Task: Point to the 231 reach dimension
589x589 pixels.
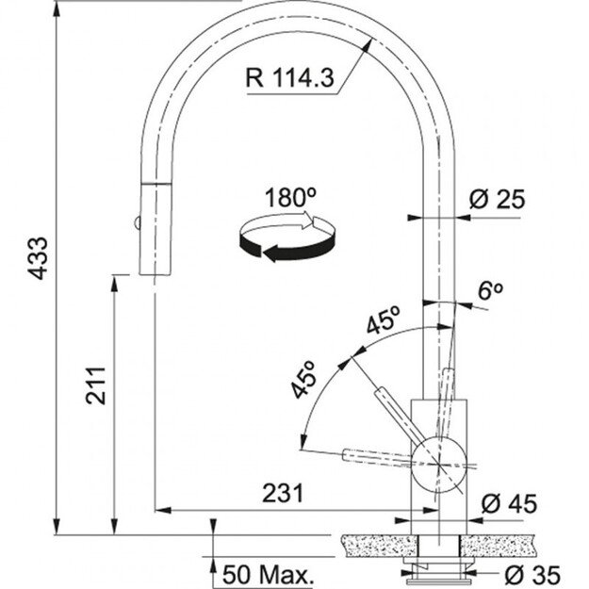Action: [283, 493]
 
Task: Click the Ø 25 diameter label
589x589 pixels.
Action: [496, 199]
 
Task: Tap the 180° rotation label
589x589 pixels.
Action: [290, 198]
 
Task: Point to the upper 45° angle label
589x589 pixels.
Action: [384, 322]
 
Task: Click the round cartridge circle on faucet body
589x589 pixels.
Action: [440, 461]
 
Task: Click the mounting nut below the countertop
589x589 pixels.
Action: [439, 564]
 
